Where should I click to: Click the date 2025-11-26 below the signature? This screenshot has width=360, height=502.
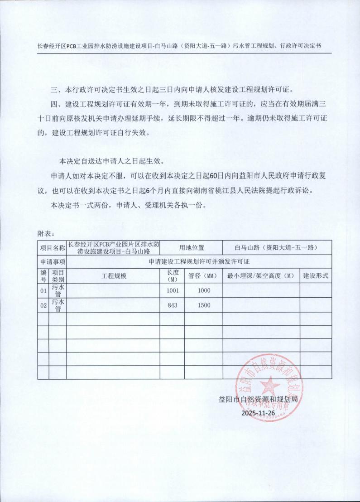coord(258,413)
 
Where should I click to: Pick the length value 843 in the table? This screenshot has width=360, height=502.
coord(173,305)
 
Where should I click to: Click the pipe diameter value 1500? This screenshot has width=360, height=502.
coord(204,305)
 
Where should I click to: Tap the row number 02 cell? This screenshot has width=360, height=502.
coord(43,305)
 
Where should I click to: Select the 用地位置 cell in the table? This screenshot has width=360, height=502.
coord(192,248)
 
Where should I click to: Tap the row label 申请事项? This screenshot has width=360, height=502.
coord(52,262)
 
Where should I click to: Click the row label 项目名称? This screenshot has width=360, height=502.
coord(52,248)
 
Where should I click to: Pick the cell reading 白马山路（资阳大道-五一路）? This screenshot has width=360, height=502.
coord(276,248)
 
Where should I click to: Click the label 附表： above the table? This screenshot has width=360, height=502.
coord(46,234)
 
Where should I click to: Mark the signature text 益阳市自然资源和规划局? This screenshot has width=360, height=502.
coord(258,400)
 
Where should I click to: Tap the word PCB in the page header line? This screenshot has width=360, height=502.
coord(73,46)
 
